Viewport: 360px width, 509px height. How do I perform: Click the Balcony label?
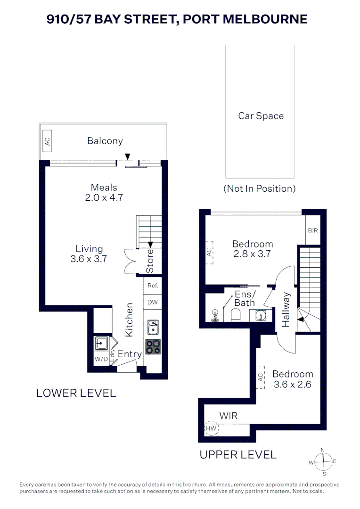point(105,141)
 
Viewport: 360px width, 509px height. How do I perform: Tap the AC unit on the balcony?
point(48,141)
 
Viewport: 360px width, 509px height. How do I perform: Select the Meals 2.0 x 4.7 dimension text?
point(104,197)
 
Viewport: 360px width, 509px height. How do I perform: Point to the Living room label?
point(89,249)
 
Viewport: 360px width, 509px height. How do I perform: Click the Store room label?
point(150,261)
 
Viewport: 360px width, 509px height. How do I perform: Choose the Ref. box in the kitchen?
point(153,286)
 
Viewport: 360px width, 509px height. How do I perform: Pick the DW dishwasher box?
point(153,302)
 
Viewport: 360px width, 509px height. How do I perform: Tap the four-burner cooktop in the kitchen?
point(153,347)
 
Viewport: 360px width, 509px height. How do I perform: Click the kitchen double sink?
point(153,327)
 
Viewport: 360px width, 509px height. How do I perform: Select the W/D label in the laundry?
point(101,359)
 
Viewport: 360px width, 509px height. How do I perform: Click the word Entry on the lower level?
point(130,354)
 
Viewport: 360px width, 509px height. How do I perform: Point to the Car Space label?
point(261,116)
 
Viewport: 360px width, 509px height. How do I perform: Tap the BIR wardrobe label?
point(313,230)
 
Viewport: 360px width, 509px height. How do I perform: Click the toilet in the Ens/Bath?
point(235,314)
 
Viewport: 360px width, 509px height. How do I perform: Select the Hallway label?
point(286,309)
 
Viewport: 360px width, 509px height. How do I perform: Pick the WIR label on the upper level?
point(228,416)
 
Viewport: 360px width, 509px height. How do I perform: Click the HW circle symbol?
point(211,428)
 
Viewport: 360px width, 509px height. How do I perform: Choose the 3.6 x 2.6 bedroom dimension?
point(293,385)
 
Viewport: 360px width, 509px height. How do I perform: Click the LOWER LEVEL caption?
point(76,393)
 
